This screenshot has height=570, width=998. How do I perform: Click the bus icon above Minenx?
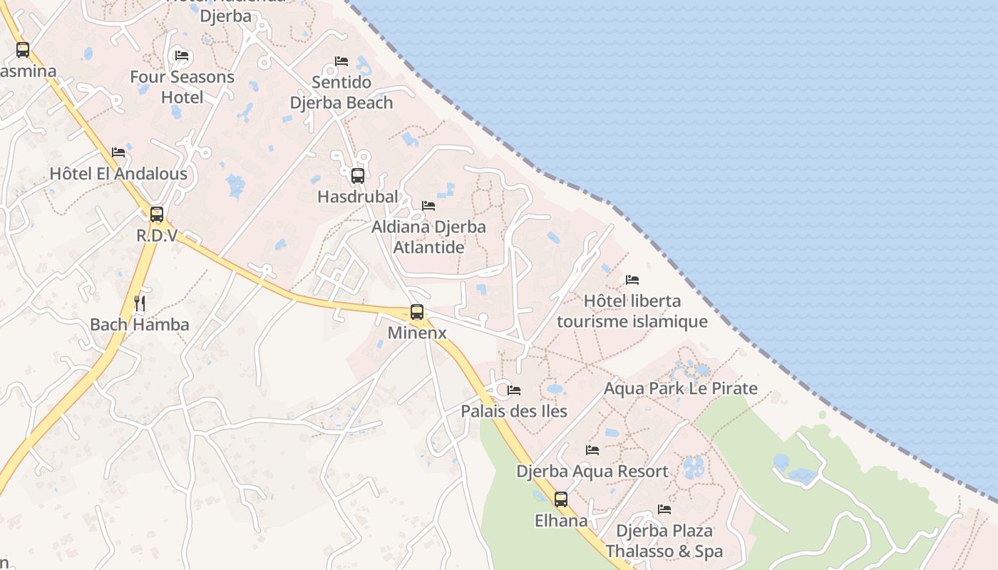417,312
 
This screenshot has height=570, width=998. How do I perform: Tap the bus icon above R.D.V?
156,214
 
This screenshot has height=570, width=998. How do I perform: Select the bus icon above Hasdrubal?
358,175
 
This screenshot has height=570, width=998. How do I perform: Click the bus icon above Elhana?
561,499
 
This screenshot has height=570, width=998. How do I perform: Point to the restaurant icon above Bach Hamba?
140,304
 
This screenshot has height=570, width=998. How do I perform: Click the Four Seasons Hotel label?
182,87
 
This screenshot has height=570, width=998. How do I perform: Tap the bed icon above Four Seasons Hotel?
182,56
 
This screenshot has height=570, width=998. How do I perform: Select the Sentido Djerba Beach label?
341,93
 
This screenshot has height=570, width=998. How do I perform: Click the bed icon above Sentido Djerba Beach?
341,61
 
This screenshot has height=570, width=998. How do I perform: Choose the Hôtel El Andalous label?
118,173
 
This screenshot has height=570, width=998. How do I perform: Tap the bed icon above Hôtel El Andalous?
118,152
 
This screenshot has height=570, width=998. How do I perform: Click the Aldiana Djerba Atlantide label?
428,237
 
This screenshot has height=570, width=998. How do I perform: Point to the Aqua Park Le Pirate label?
680,388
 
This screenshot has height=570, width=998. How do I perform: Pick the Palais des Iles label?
513,411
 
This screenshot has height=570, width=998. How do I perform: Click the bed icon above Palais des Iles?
514,390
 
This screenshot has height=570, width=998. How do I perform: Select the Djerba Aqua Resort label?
592,471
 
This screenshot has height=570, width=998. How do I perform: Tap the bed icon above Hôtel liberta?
632,280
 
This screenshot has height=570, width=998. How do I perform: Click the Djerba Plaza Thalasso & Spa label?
664,541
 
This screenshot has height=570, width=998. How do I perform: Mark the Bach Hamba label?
140,325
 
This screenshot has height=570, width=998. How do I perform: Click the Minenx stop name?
417,333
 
